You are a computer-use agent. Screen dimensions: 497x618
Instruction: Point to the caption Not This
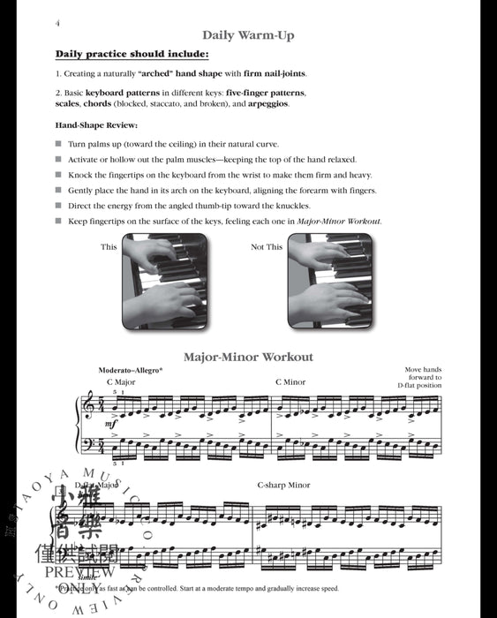[267, 247]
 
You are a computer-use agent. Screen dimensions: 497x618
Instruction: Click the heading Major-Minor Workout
[248, 358]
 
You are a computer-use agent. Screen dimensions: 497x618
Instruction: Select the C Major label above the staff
[121, 382]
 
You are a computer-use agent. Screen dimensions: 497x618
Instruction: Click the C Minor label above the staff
[290, 382]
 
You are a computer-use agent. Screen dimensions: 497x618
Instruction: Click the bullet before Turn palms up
[58, 143]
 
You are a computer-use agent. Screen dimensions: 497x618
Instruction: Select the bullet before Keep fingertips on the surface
[58, 221]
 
